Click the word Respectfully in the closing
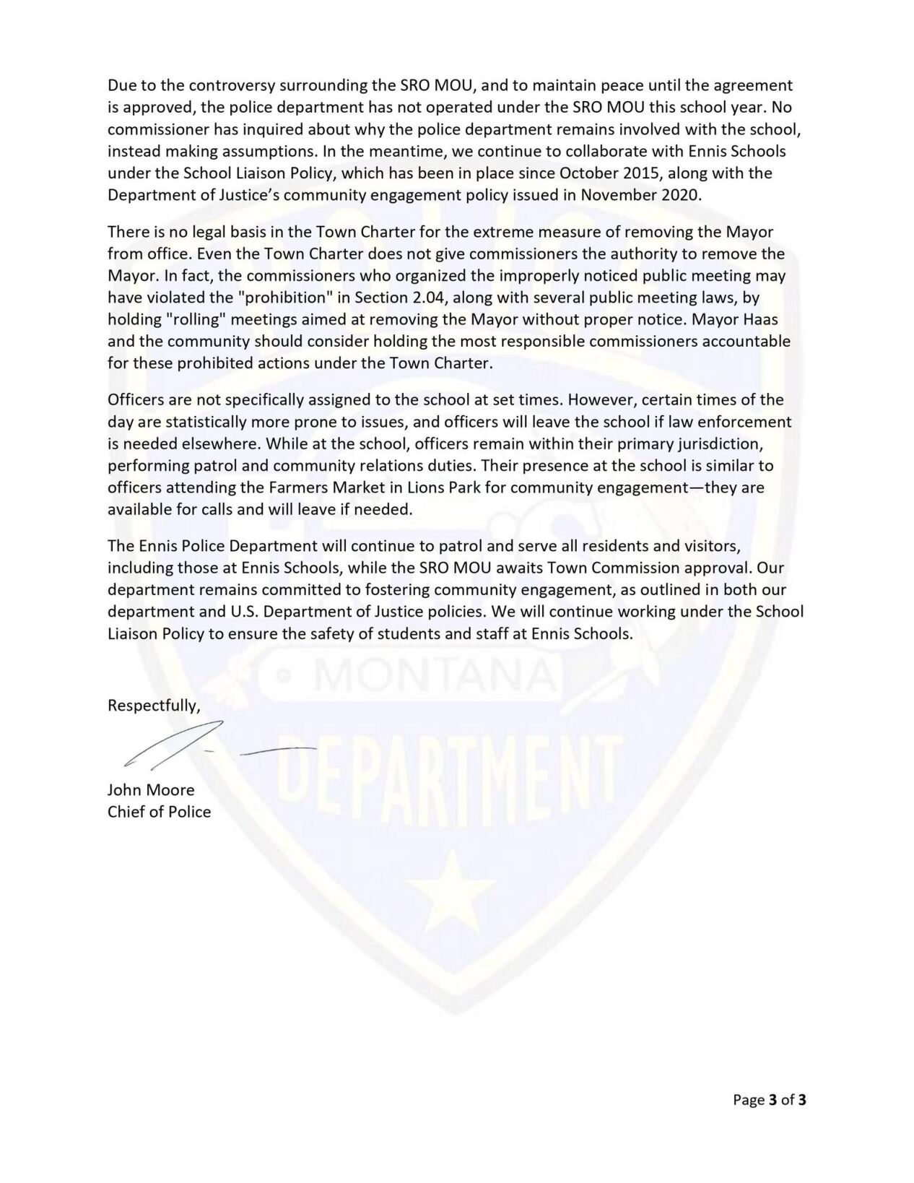click(153, 706)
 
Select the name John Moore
click(151, 790)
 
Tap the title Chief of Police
click(159, 812)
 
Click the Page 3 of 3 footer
click(770, 1100)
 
